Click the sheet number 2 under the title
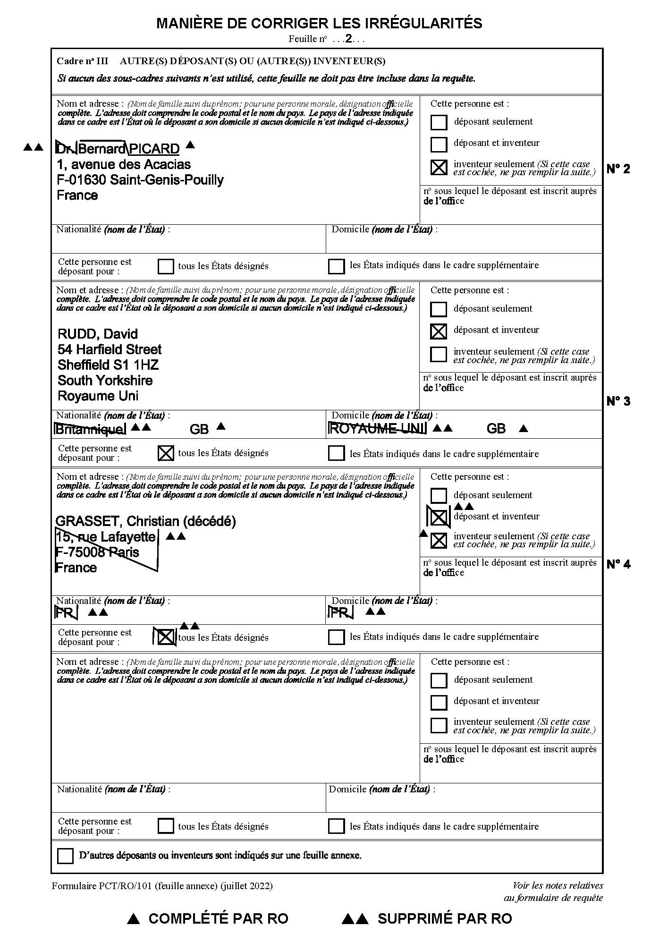(348, 39)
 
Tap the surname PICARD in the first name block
(154, 149)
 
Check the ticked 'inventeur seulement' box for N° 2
(439, 167)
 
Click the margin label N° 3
(618, 401)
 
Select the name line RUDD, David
(98, 334)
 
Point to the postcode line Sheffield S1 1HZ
(108, 365)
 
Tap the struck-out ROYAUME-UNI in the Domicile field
(377, 429)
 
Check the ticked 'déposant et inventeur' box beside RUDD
(439, 331)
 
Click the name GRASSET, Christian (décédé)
(146, 521)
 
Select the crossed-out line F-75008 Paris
(97, 552)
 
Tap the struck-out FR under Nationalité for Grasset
(66, 613)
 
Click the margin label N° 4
(618, 564)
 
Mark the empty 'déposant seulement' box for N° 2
(439, 122)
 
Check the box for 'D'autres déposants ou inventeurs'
(65, 856)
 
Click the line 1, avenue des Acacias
(124, 165)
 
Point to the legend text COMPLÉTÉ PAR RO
(218, 918)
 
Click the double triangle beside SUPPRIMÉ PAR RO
(355, 918)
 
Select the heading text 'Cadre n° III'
(82, 61)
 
